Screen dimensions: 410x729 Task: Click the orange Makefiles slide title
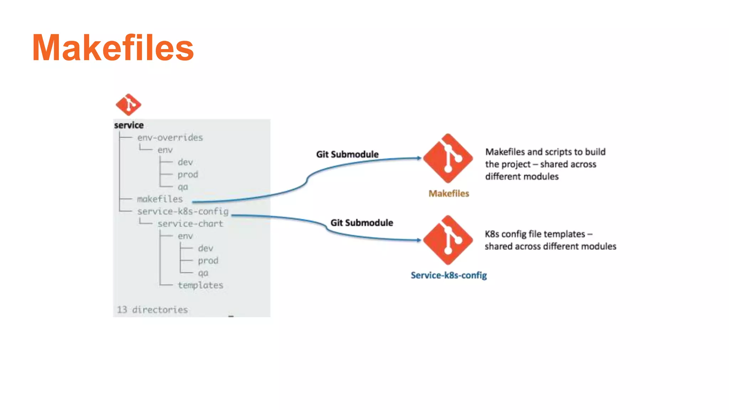[x=113, y=48]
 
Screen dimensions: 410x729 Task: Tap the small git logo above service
[x=129, y=105]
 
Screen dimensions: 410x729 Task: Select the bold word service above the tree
[x=129, y=125]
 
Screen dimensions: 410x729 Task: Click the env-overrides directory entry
[x=170, y=138]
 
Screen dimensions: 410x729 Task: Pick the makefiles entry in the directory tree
[x=160, y=199]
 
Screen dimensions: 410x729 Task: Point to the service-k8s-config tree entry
[x=183, y=211]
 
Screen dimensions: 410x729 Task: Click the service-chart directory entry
[x=190, y=224]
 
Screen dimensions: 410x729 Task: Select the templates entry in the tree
[x=200, y=285]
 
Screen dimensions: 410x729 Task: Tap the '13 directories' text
[x=152, y=310]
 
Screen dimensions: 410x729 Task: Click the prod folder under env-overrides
[x=188, y=175]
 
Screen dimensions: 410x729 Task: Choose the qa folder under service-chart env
[x=203, y=273]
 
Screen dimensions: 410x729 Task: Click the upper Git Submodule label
[x=347, y=154]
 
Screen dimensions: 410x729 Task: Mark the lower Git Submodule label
[x=362, y=223]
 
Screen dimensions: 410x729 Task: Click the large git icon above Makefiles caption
[x=448, y=158]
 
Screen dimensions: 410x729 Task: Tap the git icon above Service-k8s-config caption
[x=448, y=240]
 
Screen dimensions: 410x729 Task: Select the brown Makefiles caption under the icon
[x=449, y=194]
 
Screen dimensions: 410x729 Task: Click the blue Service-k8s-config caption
[x=449, y=275]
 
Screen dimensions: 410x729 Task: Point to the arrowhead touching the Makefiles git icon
[x=419, y=158]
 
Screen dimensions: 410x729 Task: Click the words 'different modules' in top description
[x=522, y=177]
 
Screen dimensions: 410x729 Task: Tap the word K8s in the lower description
[x=492, y=234]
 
